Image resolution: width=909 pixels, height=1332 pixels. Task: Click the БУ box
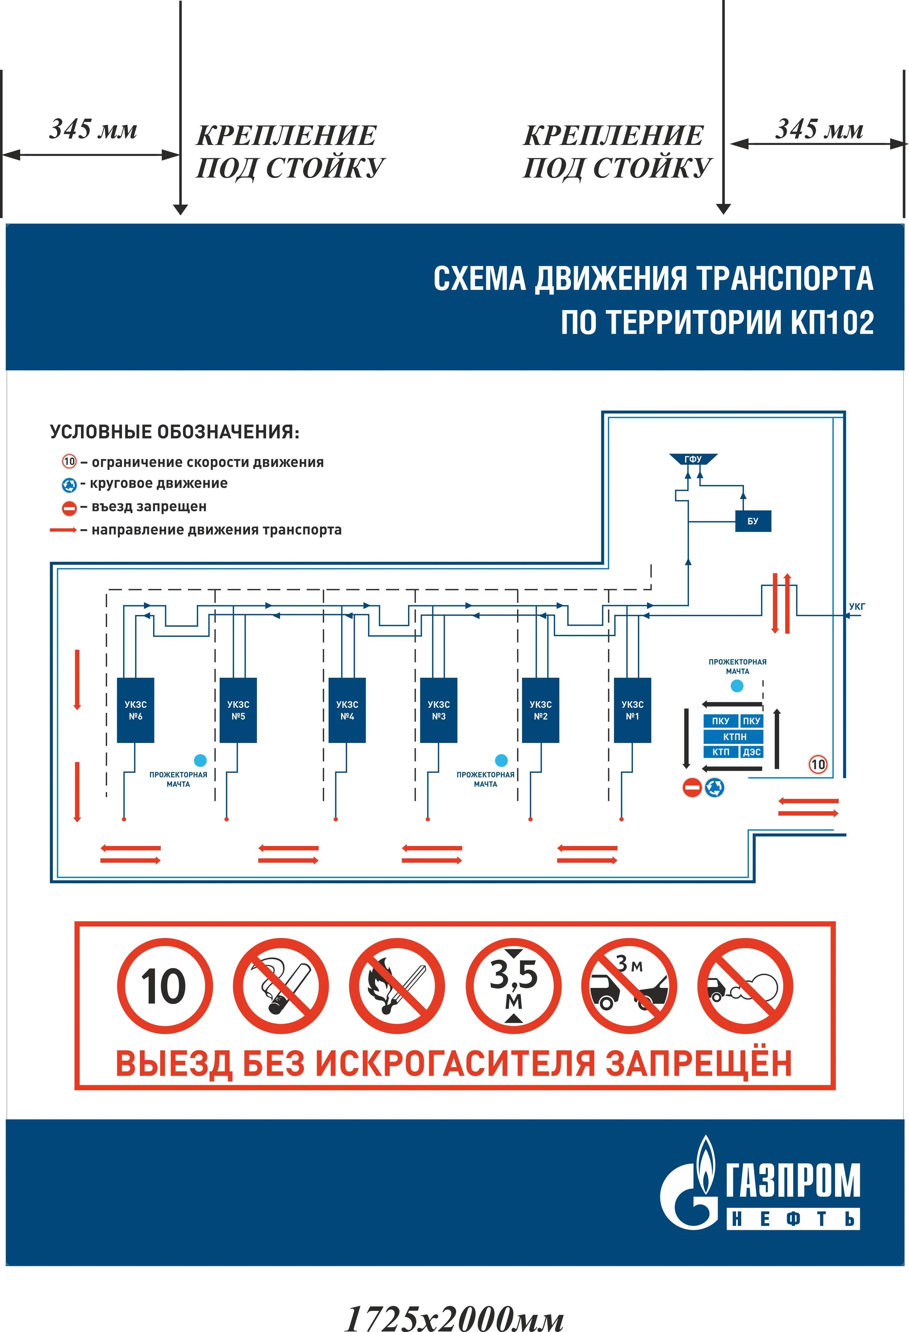(x=753, y=521)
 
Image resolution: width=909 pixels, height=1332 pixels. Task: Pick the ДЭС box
(x=752, y=752)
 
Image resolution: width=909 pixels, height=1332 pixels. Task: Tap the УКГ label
(x=857, y=607)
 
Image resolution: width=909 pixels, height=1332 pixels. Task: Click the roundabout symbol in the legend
(x=69, y=485)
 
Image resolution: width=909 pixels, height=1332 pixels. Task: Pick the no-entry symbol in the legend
(x=69, y=508)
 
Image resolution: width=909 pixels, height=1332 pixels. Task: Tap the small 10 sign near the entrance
(x=818, y=764)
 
